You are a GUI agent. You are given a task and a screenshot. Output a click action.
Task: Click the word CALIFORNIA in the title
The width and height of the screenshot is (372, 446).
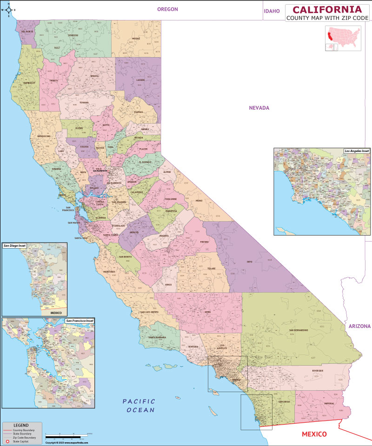click(x=326, y=9)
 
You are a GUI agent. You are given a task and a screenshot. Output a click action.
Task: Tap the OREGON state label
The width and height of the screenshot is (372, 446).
click(x=167, y=9)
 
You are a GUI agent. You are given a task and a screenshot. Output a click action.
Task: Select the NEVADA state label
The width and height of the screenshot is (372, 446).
click(x=259, y=108)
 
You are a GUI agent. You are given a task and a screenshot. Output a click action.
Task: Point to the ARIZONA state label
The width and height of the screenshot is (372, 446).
click(x=359, y=326)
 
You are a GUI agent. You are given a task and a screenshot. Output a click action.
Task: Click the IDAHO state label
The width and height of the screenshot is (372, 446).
click(x=272, y=11)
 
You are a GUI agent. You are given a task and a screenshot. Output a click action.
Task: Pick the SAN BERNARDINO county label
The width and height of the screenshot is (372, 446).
click(x=299, y=330)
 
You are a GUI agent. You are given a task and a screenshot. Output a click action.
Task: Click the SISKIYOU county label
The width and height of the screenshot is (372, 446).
click(x=73, y=35)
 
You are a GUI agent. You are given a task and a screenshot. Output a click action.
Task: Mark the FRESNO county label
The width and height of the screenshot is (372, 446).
click(x=205, y=242)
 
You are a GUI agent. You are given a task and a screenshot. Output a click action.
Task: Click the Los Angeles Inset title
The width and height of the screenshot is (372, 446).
click(x=356, y=151)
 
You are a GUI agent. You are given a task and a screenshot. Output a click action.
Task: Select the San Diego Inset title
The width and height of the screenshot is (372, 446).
click(x=15, y=245)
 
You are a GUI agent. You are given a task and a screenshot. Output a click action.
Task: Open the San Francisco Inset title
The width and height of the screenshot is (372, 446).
click(x=80, y=321)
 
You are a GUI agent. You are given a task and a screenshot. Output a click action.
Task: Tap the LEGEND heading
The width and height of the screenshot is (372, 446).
click(x=20, y=425)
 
